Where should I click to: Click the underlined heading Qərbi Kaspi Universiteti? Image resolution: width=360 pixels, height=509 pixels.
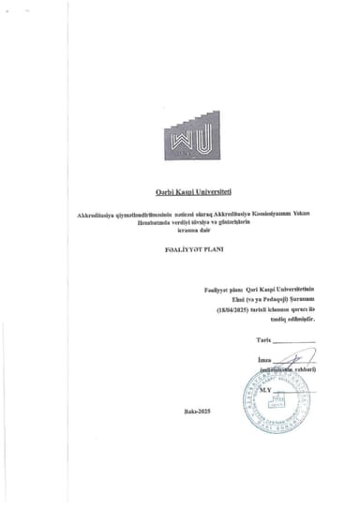181,192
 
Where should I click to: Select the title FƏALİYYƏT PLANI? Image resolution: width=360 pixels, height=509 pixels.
180,250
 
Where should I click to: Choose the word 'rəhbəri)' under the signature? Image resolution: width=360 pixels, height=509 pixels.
301,370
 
